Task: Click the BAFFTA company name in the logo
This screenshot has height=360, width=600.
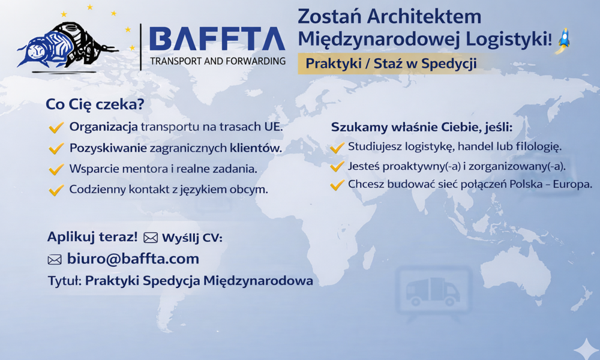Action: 217,39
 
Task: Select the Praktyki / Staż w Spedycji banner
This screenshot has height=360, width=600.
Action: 391,63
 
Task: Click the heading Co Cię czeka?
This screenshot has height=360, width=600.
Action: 95,104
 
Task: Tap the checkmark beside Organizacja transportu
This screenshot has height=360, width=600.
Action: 56,127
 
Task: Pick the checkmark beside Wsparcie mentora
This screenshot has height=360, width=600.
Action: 56,169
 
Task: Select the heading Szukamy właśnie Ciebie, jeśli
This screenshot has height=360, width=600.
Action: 421,127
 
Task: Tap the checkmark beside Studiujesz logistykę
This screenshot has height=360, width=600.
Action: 337,146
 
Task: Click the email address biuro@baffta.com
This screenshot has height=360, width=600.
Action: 133,259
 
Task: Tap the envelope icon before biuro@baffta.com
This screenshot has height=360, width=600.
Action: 55,260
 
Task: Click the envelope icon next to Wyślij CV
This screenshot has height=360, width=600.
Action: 151,238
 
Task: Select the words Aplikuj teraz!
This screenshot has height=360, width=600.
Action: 92,237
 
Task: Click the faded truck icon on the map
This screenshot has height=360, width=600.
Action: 432,292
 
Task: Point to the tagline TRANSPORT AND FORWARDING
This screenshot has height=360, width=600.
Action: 217,61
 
